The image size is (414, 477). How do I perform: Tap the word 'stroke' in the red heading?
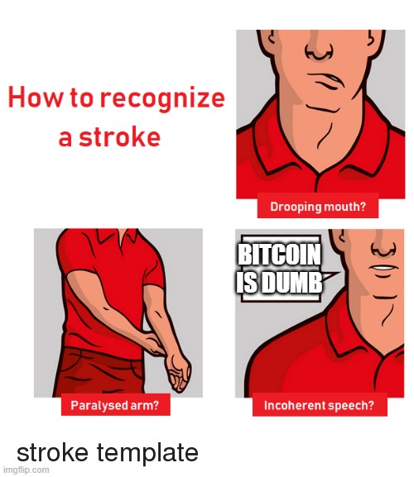[x=120, y=137]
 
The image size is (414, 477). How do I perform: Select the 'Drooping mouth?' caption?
[x=318, y=207]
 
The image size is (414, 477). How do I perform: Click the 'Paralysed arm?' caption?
[x=115, y=405]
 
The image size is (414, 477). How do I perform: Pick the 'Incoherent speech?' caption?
[x=320, y=405]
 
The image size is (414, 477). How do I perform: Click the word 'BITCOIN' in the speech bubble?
[x=279, y=255]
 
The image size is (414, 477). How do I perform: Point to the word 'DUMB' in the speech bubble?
[x=291, y=283]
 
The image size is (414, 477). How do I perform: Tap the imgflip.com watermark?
[x=25, y=470]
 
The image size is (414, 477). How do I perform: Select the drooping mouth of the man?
[x=328, y=79]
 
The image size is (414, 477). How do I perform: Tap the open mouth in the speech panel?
[x=383, y=268]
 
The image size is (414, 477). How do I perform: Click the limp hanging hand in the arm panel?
[x=179, y=374]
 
